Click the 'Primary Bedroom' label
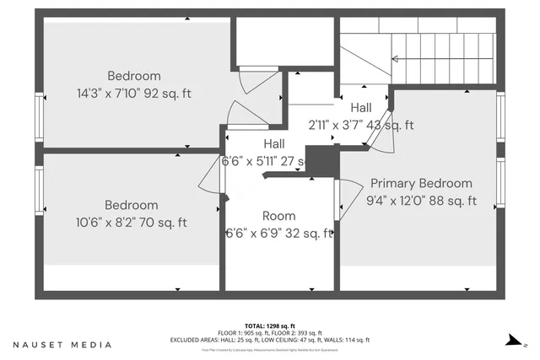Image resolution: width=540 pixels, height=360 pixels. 421,183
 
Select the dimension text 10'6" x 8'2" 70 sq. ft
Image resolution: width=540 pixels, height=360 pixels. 131,223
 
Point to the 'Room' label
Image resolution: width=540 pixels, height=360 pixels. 278,216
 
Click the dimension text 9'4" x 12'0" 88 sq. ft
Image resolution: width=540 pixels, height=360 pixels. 421,201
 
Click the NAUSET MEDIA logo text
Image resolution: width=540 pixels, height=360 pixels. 62,345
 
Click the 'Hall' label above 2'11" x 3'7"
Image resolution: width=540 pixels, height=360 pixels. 361,108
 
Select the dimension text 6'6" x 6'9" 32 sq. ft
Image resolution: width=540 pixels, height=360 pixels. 278,234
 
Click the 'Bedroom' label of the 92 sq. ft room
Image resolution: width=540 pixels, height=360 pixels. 133,76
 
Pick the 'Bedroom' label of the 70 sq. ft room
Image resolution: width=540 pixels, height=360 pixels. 131,205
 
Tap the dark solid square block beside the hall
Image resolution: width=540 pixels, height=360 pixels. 321,160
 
